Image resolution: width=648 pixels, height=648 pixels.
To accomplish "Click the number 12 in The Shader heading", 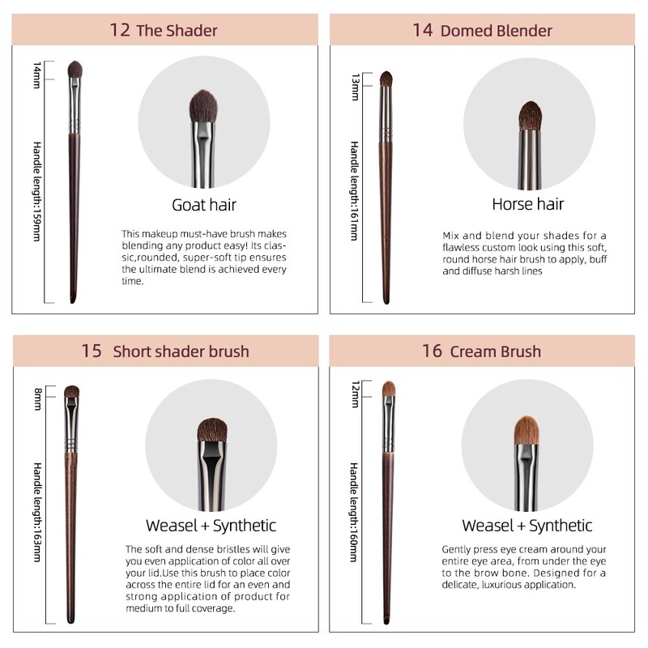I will (120, 31).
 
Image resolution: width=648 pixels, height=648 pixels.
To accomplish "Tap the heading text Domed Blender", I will (496, 31).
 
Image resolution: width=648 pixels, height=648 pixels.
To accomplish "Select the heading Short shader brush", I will (181, 351).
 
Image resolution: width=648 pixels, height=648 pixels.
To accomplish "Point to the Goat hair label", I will (204, 204).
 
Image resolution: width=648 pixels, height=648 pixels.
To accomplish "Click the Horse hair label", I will (528, 203).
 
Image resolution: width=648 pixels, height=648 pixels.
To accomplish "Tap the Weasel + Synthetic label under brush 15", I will (211, 526).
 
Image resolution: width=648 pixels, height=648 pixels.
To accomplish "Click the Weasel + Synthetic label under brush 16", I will (527, 526).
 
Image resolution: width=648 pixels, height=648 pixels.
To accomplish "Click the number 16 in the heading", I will (432, 351).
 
